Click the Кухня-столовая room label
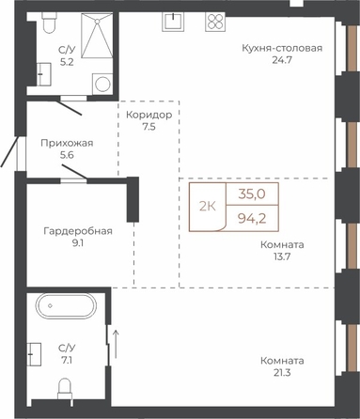pyautogui.click(x=282, y=48)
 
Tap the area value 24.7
pyautogui.click(x=282, y=60)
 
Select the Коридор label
pyautogui.click(x=149, y=115)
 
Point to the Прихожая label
pyautogui.click(x=67, y=143)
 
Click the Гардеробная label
pyautogui.click(x=78, y=231)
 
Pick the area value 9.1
pyautogui.click(x=78, y=243)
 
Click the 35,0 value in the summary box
pyautogui.click(x=252, y=194)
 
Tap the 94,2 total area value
pyautogui.click(x=252, y=218)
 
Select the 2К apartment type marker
pyautogui.click(x=208, y=207)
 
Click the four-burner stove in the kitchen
pyautogui.click(x=215, y=22)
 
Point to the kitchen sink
pyautogui.click(x=172, y=22)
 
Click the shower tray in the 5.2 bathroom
pyautogui.click(x=97, y=36)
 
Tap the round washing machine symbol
pyautogui.click(x=102, y=84)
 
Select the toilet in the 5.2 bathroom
pyautogui.click(x=49, y=23)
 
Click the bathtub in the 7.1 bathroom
pyautogui.click(x=66, y=306)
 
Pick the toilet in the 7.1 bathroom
pyautogui.click(x=65, y=389)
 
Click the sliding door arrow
pyautogui.click(x=116, y=344)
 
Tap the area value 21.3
pyautogui.click(x=282, y=373)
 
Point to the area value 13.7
pyautogui.click(x=282, y=256)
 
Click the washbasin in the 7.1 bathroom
pyautogui.click(x=34, y=354)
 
